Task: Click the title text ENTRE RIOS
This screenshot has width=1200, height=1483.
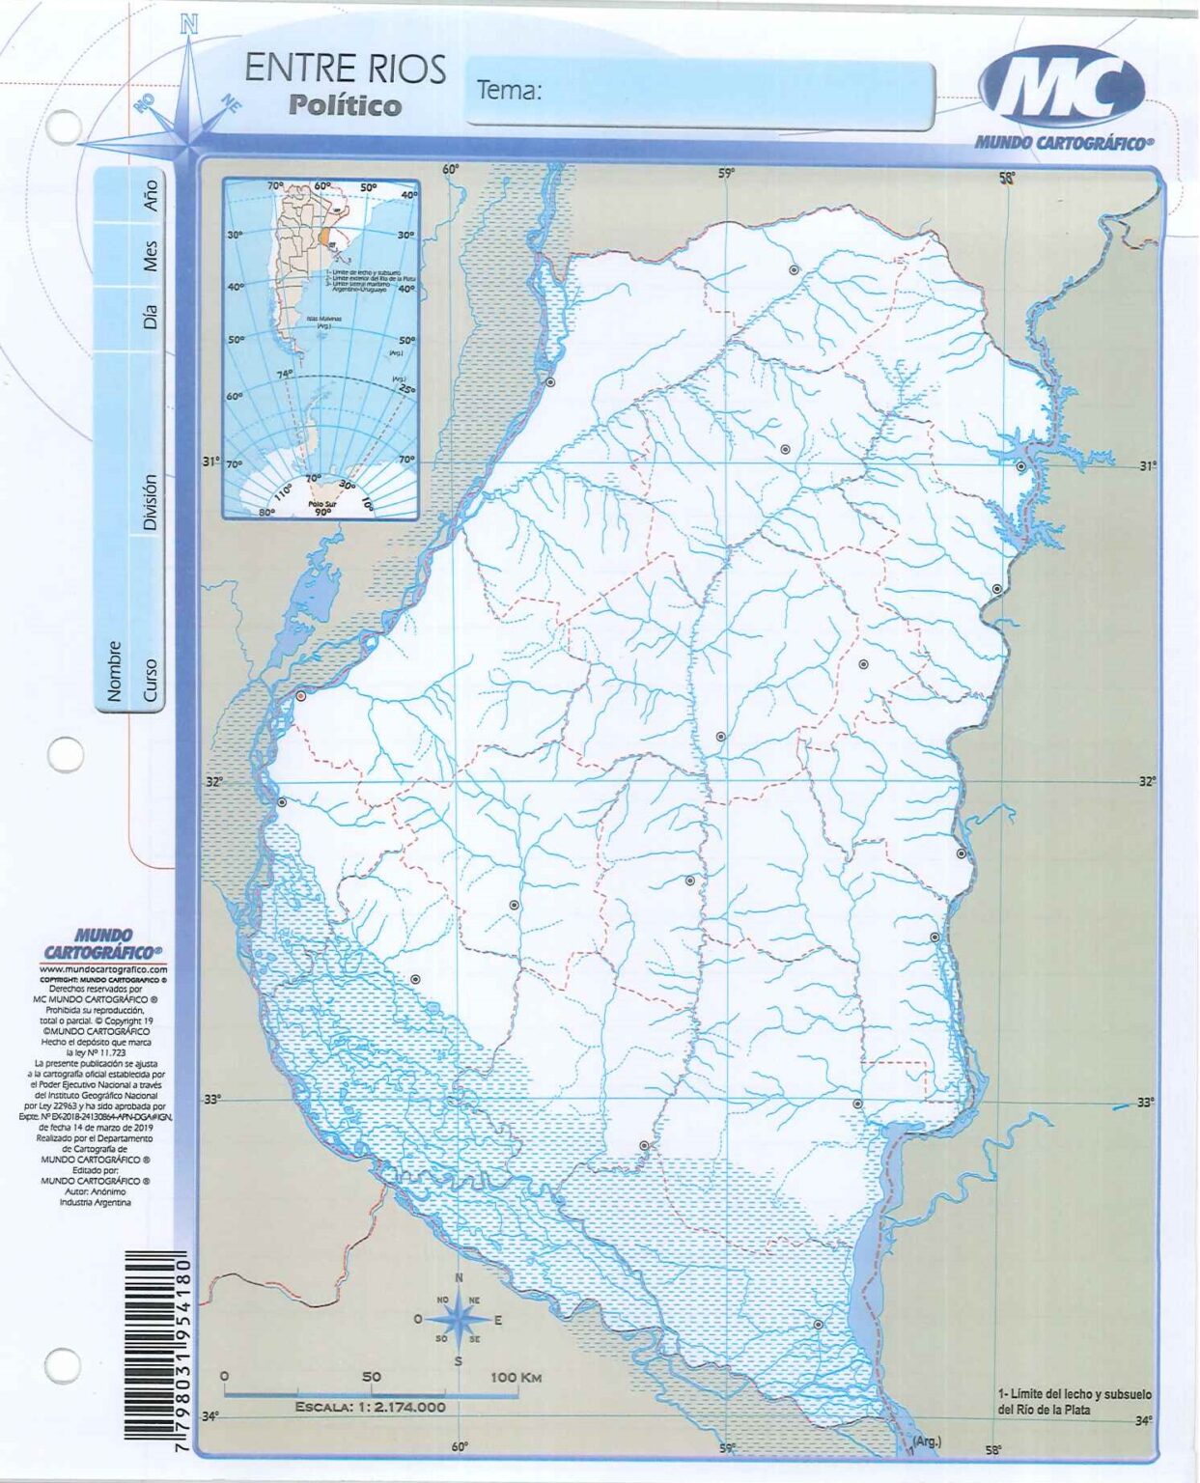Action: point(345,70)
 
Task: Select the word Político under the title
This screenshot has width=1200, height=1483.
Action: point(345,105)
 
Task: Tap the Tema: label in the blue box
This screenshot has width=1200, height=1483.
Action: point(509,91)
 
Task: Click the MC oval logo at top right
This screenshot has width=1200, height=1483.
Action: point(1062,90)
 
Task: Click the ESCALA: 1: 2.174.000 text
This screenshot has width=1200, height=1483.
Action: point(371,1407)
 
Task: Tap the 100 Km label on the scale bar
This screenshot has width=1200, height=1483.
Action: point(516,1377)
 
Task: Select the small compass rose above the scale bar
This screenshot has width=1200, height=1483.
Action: point(459,1320)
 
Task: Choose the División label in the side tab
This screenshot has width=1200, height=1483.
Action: point(149,502)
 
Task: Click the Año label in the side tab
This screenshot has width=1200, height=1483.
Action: point(149,195)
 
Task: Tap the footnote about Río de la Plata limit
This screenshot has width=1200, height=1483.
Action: point(1074,1401)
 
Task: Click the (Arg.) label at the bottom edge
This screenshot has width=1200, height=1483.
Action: point(927,1441)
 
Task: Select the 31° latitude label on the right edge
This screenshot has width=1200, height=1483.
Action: point(1147,465)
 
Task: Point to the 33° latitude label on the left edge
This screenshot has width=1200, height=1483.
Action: point(211,1100)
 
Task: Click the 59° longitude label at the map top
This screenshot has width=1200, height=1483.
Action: point(726,173)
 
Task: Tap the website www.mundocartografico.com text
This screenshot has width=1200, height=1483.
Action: point(103,968)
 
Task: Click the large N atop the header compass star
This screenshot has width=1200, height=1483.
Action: point(189,25)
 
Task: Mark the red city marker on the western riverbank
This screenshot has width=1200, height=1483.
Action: point(301,695)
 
